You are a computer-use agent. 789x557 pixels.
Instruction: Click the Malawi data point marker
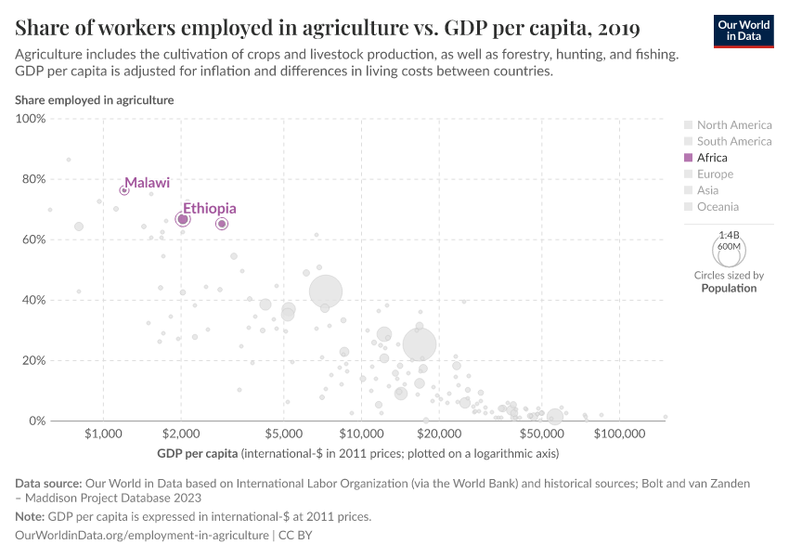pyautogui.click(x=124, y=190)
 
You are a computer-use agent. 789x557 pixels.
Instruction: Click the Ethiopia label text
pyautogui.click(x=209, y=209)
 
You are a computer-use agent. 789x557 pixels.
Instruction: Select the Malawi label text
pyautogui.click(x=147, y=183)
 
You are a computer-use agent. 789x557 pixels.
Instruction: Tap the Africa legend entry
pyautogui.click(x=712, y=158)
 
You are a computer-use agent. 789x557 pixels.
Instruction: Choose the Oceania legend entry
pyautogui.click(x=718, y=207)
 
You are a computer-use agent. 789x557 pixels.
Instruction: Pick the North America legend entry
pyautogui.click(x=733, y=125)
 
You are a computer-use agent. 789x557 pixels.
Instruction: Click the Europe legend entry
pyautogui.click(x=715, y=175)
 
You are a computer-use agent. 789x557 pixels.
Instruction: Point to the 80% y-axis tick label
pyautogui.click(x=33, y=179)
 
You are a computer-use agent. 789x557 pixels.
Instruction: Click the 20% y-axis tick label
pyautogui.click(x=33, y=360)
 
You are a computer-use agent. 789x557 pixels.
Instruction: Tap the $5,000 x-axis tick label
pyautogui.click(x=284, y=434)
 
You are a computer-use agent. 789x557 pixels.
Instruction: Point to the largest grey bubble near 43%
pyautogui.click(x=326, y=291)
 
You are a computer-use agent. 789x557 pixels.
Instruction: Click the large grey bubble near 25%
pyautogui.click(x=420, y=344)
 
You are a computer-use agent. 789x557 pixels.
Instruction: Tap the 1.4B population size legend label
pyautogui.click(x=729, y=236)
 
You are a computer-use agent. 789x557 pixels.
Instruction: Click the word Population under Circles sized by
pyautogui.click(x=729, y=288)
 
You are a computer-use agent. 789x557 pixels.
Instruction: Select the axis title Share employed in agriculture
pyautogui.click(x=94, y=100)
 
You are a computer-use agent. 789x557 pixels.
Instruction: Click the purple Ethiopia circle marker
pyautogui.click(x=183, y=219)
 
